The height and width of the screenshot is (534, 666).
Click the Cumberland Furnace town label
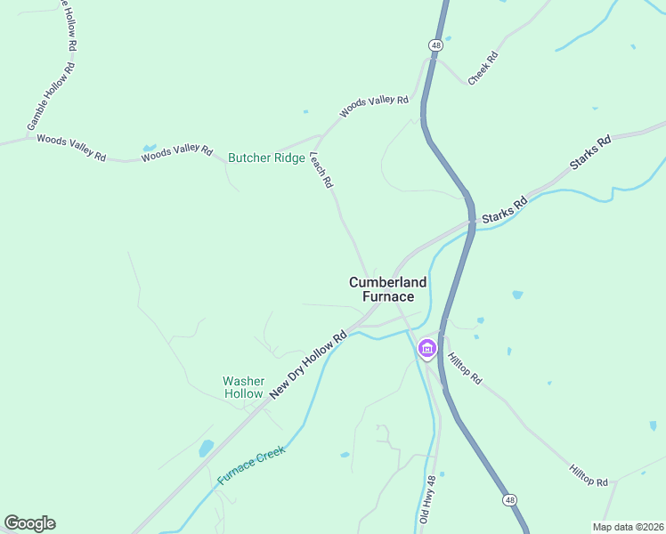[387, 289]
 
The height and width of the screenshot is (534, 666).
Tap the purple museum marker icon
[427, 349]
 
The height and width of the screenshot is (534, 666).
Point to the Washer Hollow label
[243, 387]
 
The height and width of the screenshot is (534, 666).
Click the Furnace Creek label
[252, 465]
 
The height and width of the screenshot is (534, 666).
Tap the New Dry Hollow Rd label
[308, 365]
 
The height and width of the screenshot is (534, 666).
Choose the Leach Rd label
[321, 169]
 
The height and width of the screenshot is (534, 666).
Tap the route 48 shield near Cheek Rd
[435, 44]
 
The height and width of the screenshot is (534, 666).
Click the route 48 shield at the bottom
[508, 500]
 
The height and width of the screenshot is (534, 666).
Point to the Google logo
[29, 523]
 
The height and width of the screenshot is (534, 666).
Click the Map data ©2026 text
[627, 526]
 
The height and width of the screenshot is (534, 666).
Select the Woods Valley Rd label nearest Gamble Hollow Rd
[71, 148]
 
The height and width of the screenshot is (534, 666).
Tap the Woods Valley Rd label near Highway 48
[374, 106]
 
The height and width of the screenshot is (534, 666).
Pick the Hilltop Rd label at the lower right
[589, 475]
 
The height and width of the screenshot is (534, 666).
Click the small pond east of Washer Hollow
[207, 447]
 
